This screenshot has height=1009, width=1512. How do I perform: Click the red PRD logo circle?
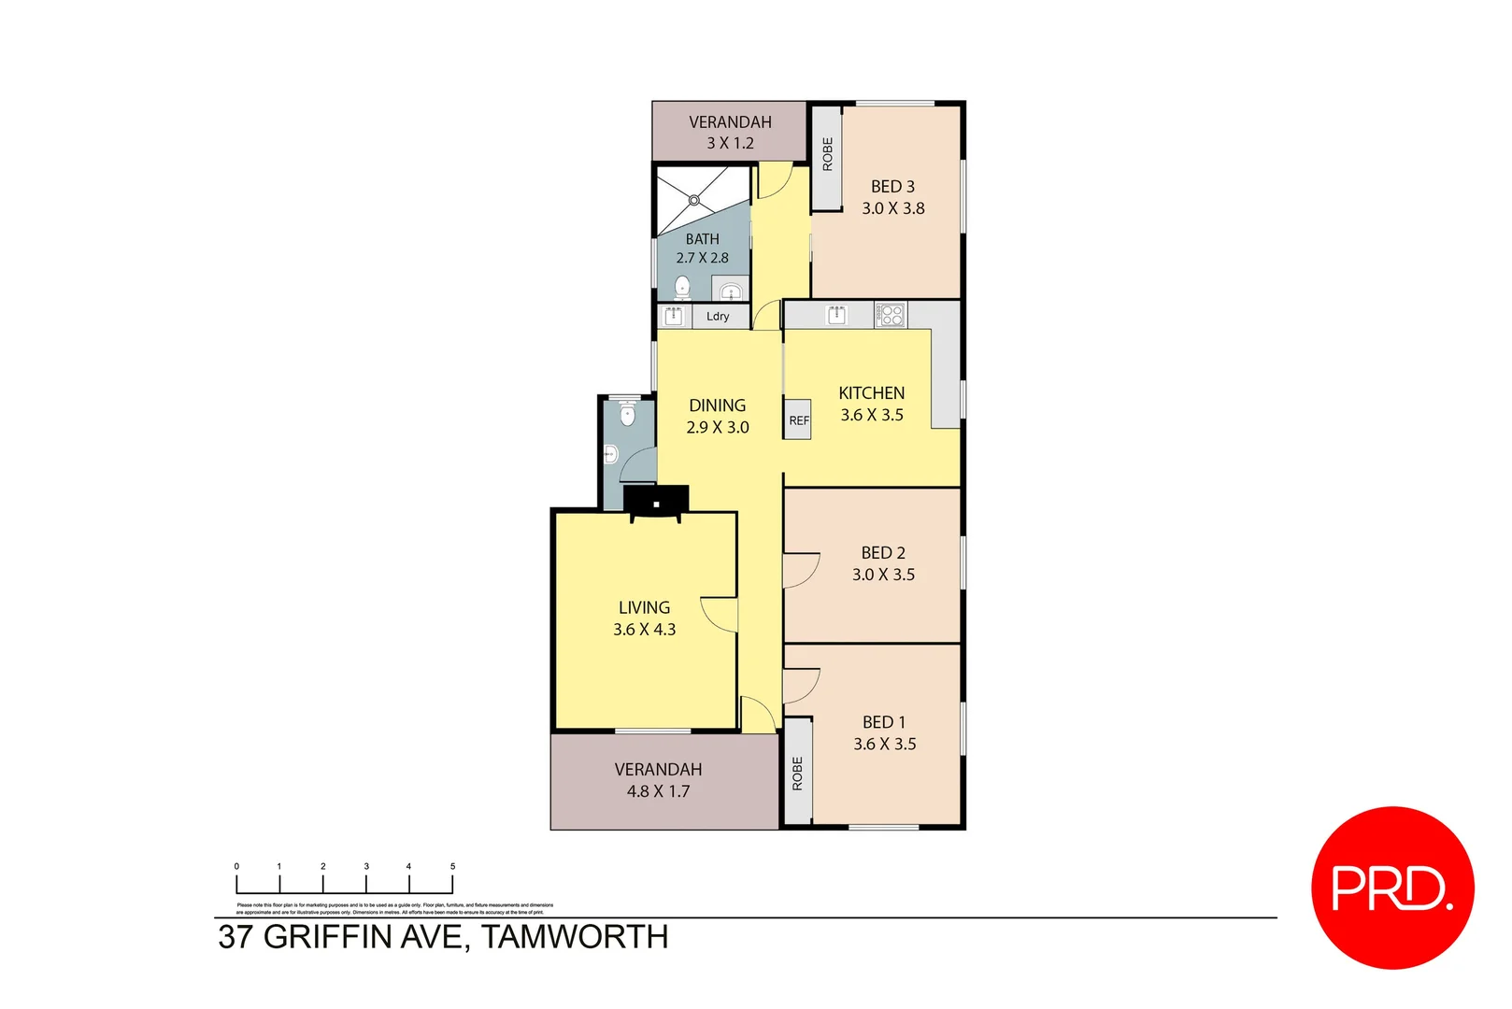click(1392, 888)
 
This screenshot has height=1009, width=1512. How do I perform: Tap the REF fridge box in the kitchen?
click(798, 420)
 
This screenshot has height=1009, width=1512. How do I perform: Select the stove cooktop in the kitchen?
click(891, 315)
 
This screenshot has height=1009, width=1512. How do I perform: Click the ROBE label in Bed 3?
click(827, 154)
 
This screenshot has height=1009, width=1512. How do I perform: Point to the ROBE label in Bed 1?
click(797, 774)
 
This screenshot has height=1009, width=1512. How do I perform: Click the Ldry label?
click(718, 317)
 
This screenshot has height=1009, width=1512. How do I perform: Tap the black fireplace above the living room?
click(656, 502)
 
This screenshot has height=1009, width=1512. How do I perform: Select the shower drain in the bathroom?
click(693, 200)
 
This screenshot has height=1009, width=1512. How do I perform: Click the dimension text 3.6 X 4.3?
click(644, 630)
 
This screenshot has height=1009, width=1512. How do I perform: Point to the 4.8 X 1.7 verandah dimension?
click(658, 791)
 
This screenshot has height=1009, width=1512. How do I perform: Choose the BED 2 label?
click(883, 553)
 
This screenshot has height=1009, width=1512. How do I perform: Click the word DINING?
click(717, 405)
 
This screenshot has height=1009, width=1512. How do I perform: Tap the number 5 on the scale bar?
click(452, 867)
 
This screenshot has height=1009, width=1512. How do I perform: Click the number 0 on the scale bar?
click(236, 867)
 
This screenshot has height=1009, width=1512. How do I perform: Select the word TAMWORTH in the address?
click(575, 937)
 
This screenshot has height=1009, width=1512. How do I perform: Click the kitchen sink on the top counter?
click(836, 315)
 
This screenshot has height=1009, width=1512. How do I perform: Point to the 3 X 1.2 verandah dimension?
click(730, 143)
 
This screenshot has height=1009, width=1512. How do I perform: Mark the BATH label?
click(703, 239)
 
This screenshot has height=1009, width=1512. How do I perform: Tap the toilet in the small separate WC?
click(627, 414)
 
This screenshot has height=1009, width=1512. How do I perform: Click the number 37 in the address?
click(235, 937)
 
